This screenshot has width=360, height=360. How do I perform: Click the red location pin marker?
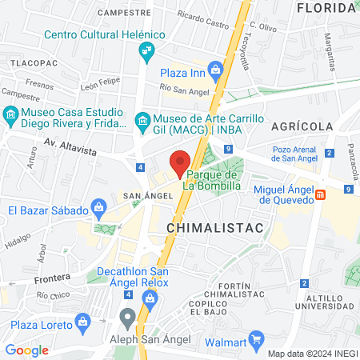181,161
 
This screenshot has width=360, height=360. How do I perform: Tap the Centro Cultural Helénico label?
104,34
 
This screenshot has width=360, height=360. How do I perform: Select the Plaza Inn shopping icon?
214,68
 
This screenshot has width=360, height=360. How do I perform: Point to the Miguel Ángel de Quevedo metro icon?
321,194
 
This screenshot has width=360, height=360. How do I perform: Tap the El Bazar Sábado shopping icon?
98,206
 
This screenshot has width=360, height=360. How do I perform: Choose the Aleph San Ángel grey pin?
127,317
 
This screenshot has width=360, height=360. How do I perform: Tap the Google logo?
26,350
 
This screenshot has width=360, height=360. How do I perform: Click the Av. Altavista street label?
72,143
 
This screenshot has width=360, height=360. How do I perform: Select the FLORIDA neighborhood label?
325,8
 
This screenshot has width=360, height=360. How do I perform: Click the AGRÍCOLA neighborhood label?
302,126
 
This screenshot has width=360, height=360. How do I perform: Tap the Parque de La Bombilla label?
213,180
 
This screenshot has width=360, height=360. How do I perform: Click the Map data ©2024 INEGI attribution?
311,354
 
